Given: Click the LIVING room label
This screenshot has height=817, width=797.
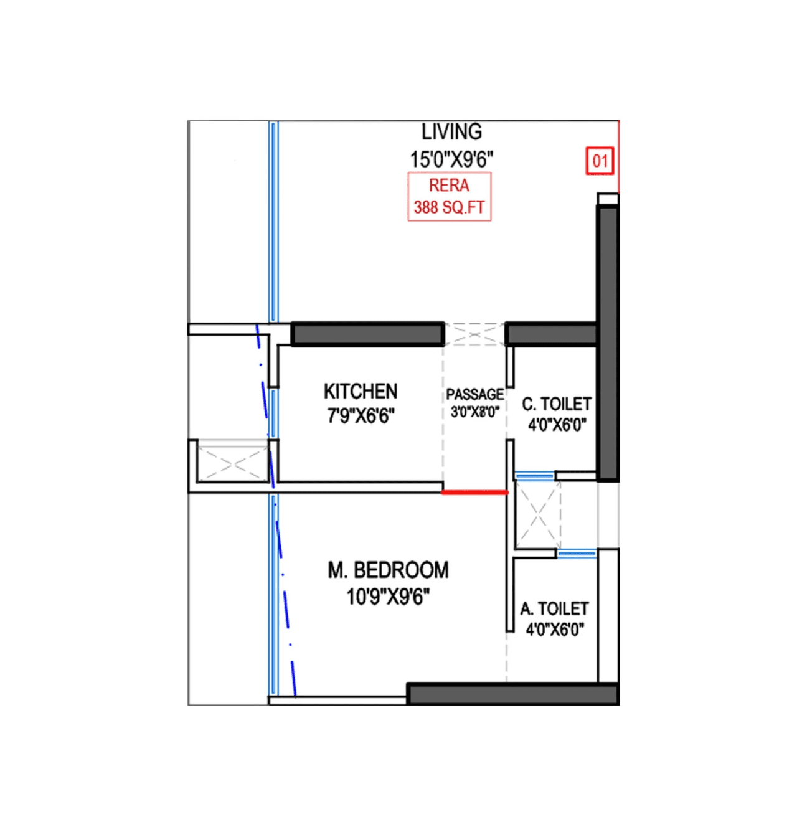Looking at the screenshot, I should tap(451, 132).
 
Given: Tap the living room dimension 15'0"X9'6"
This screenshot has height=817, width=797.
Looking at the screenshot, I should tap(451, 159).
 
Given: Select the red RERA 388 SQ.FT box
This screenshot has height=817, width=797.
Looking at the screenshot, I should tap(449, 197).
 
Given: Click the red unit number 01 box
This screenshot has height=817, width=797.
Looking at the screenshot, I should tap(600, 161).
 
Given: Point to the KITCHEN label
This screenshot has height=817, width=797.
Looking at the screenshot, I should tap(361, 391).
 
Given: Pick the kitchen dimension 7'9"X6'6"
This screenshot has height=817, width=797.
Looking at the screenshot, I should tap(361, 415).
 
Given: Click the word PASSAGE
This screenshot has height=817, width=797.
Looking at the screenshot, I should tap(474, 394).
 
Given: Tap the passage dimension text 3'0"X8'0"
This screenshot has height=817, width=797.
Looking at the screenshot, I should tap(474, 412).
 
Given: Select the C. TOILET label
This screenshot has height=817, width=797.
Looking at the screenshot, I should tap(557, 404).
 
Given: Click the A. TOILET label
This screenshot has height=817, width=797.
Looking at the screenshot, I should tap(554, 608).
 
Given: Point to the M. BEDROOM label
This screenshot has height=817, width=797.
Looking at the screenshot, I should tap(388, 570).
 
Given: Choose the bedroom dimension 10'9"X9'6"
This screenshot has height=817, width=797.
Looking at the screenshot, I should tap(388, 597).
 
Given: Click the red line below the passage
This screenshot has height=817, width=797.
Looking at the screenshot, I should tap(474, 492).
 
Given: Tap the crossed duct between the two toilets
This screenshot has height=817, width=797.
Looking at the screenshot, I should tap(537, 515).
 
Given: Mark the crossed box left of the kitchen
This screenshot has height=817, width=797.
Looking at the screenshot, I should tap(233, 462).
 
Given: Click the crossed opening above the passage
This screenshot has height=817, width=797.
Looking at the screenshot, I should tap(474, 334).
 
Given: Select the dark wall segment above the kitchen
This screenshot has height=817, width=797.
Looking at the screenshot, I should tap(367, 334).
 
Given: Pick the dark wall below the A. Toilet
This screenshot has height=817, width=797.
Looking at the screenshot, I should tap(512, 694).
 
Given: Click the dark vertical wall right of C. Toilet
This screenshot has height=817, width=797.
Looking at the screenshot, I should tap(608, 342).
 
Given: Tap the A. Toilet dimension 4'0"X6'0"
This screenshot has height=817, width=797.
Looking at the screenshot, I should tap(554, 630).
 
